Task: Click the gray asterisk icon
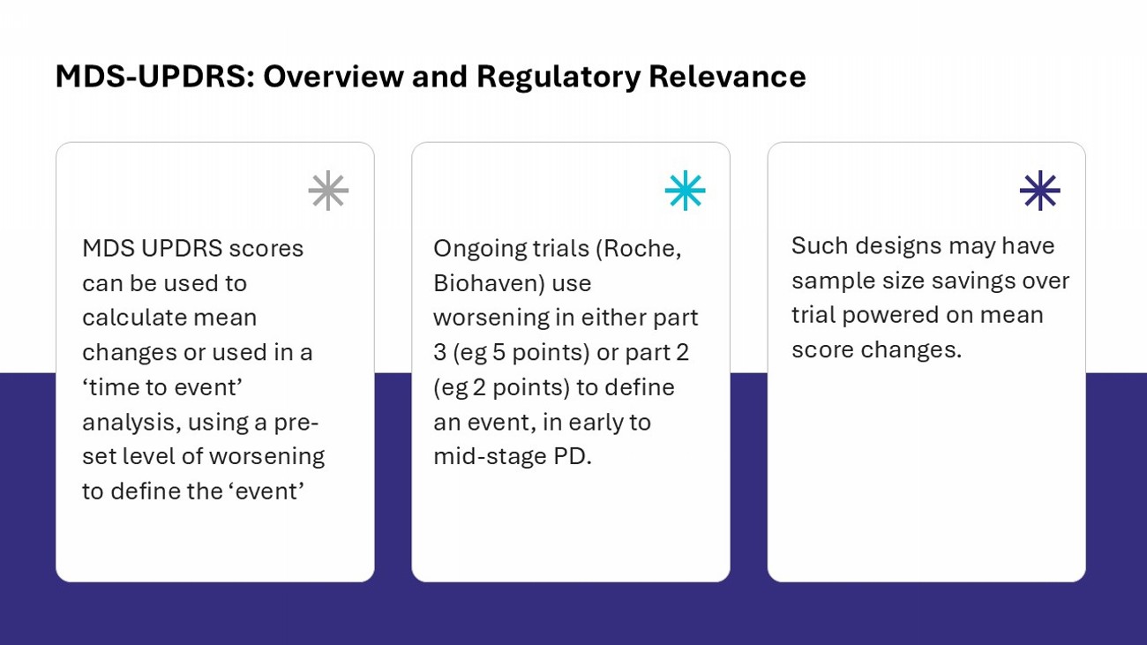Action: coord(328,191)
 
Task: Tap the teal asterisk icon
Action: coord(685,191)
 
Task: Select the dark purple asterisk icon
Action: coord(1039,191)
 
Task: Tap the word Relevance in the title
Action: coord(727,77)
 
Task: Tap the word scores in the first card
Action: coord(266,249)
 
